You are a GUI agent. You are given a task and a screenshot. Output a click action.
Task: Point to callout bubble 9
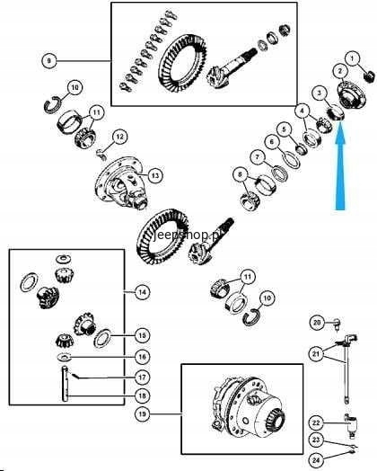[49, 60]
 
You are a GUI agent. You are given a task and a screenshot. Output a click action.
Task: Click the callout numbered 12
[121, 137]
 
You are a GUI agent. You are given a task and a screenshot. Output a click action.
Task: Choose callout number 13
[155, 175]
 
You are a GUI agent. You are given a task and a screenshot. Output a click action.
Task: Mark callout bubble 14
[141, 292]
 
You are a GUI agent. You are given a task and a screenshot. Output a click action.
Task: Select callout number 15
[141, 334]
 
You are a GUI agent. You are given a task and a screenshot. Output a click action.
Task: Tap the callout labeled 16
[141, 357]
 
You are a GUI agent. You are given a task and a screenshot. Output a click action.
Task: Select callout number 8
[240, 173]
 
